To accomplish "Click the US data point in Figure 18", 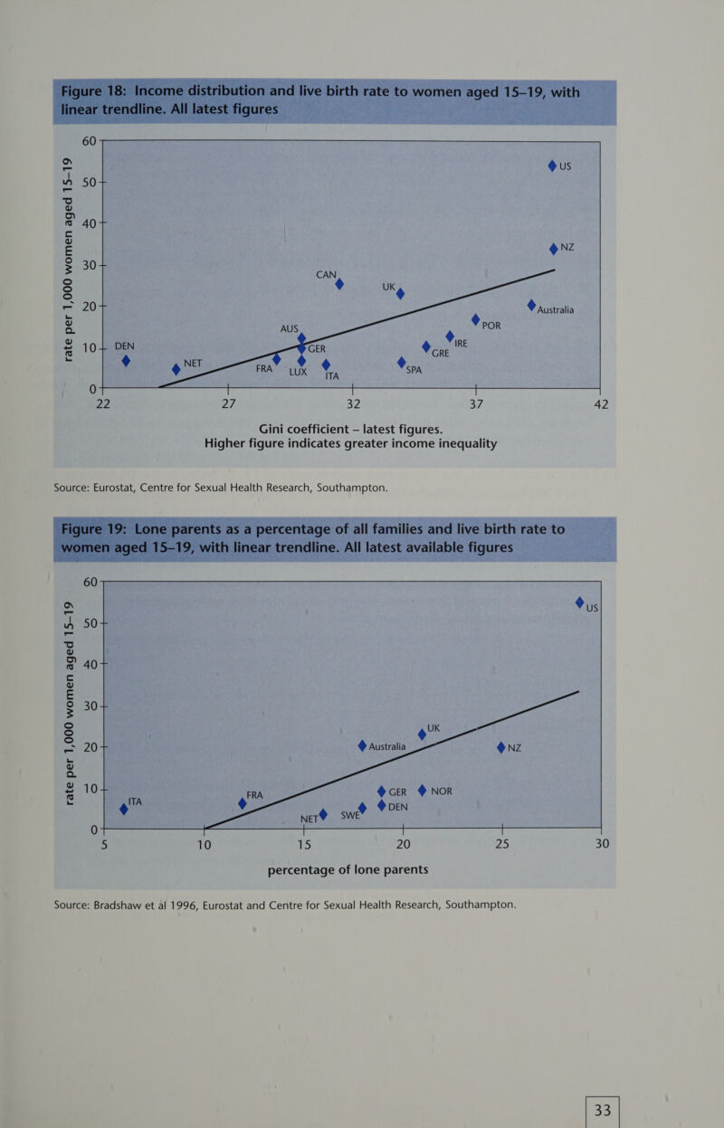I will point(552,166).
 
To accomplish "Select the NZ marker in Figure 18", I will point(554,249).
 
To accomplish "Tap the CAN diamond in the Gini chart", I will point(339,284).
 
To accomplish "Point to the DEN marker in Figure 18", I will point(127,361).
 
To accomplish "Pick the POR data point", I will point(475,320).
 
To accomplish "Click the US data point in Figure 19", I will point(580,602).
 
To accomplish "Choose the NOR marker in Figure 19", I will point(422,791).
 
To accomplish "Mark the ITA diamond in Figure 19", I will point(124,809).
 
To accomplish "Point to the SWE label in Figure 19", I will point(350,815).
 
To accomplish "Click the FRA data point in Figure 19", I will point(242,803).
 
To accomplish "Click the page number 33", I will point(603,1109).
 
